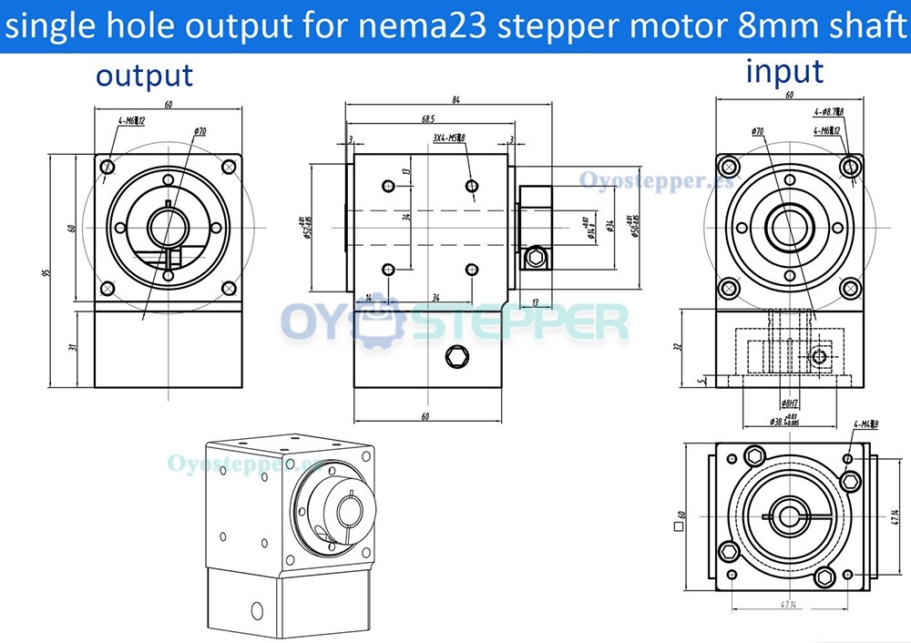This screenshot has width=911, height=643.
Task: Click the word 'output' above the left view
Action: click(145, 76)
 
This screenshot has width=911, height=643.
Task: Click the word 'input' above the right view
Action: click(784, 71)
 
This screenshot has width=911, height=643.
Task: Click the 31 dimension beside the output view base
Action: click(72, 346)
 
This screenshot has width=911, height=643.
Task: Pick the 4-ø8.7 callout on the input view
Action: click(828, 113)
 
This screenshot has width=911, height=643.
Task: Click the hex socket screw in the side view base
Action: click(455, 356)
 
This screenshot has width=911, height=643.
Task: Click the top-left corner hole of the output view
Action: click(108, 167)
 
